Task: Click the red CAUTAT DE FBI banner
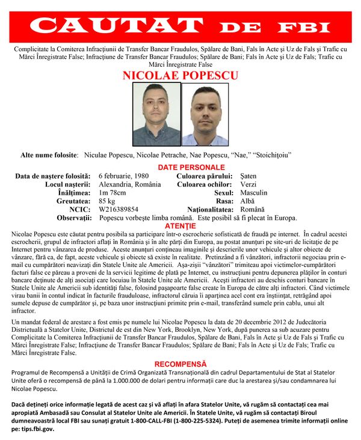pyautogui.click(x=180, y=26)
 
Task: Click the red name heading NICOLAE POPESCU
pyautogui.click(x=180, y=76)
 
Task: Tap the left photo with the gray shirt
pyautogui.click(x=156, y=114)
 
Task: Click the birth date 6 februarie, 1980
pyautogui.click(x=124, y=176)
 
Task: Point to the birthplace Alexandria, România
pyautogui.click(x=130, y=184)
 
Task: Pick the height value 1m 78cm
pyautogui.click(x=113, y=192)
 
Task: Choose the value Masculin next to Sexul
pyautogui.click(x=253, y=192)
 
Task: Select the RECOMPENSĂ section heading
pyautogui.click(x=180, y=364)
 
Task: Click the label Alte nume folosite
pyautogui.click(x=49, y=156)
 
